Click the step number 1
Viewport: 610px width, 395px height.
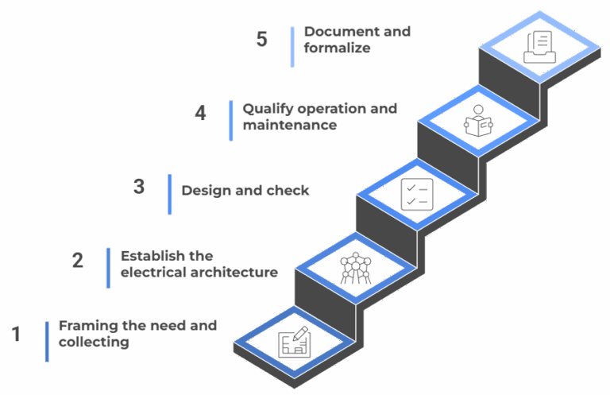coord(15,335)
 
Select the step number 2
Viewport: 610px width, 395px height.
coord(77,261)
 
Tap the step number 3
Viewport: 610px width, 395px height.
coord(139,188)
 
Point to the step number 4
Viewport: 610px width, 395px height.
coord(200,114)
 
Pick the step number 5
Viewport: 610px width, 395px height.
coord(262,40)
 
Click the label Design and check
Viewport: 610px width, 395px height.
coord(245,191)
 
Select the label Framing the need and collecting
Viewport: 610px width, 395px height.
coord(137,335)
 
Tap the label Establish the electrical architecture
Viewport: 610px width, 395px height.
coord(199,264)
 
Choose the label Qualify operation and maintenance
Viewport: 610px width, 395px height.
coord(319,117)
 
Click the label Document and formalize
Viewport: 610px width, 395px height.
coord(357,40)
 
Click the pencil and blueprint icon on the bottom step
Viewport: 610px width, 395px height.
coord(295,343)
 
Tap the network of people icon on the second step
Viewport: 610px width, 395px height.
coord(355,269)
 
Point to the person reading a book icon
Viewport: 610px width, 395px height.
coord(478,121)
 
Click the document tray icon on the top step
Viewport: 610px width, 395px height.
coord(540,47)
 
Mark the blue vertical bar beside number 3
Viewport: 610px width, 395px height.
coord(170,194)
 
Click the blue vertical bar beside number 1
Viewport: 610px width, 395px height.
coord(47,341)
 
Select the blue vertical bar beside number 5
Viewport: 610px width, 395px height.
coord(292,46)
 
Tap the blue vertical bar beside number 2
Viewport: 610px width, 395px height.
coord(108,267)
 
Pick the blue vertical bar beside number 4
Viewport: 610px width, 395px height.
coord(231,120)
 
